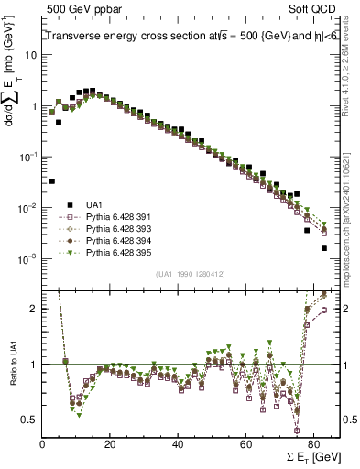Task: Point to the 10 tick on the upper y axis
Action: coord(30,55)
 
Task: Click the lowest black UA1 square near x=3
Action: coord(51,181)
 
